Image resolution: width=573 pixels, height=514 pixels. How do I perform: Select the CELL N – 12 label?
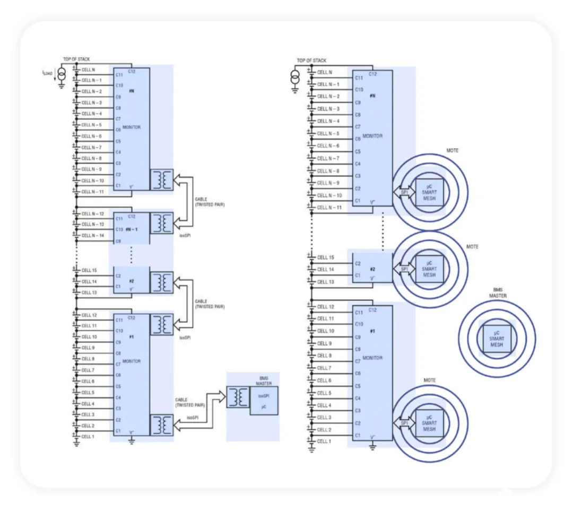point(92,214)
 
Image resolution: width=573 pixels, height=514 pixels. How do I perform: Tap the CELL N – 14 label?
point(92,235)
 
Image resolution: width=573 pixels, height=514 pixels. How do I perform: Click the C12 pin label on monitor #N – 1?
point(132,216)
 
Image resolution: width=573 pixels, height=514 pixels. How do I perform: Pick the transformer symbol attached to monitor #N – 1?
point(161,223)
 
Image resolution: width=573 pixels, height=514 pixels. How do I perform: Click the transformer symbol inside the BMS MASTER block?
point(238,397)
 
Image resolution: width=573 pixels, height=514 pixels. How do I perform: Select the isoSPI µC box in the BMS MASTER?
point(264,401)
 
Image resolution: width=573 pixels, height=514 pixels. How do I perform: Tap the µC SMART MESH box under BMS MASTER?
point(497,339)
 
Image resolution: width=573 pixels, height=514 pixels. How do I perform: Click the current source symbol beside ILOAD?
point(62,74)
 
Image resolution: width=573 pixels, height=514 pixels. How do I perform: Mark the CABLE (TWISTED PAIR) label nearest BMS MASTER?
point(190,402)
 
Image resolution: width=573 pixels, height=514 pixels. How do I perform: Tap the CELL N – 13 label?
point(92,224)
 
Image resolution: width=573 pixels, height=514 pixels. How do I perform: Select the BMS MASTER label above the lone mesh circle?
point(498,293)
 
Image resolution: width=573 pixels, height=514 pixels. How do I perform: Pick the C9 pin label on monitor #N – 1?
point(118,241)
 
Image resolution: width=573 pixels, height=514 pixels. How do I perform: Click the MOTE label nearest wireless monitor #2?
point(472,247)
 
